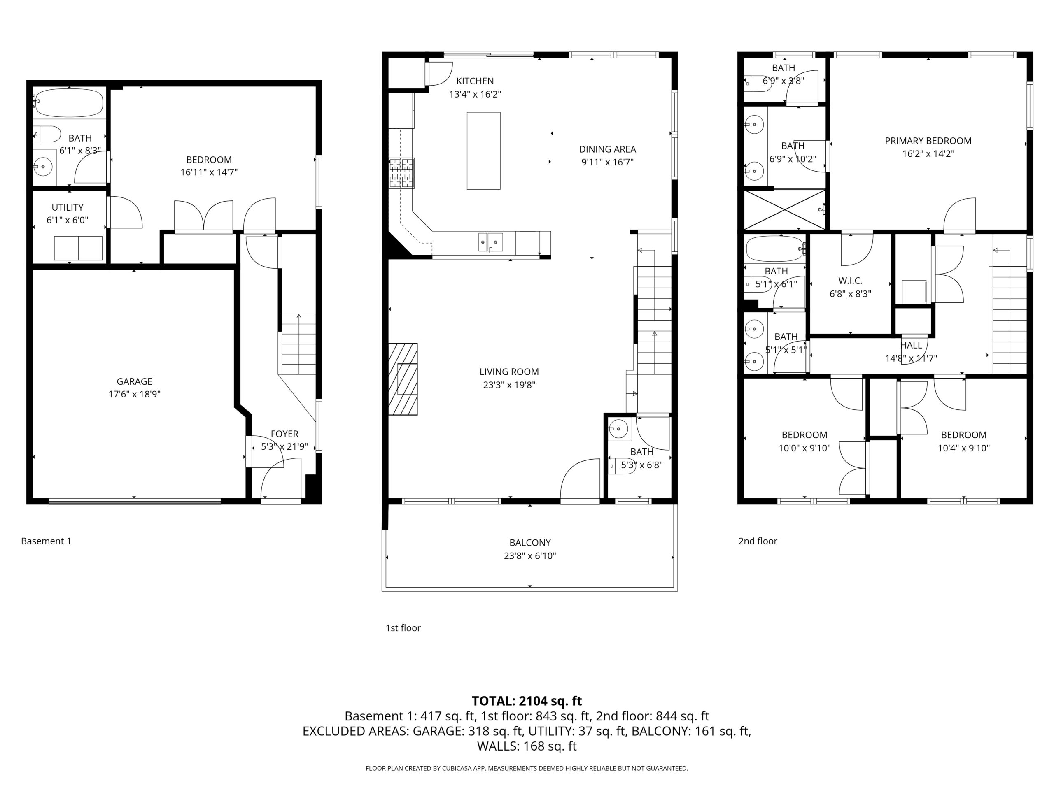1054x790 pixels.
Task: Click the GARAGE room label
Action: point(134,381)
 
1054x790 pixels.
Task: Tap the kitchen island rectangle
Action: point(484,151)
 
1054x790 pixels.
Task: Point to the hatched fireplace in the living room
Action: point(403,379)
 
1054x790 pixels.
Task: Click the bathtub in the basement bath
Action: point(70,103)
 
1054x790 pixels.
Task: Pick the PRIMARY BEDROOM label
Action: point(928,141)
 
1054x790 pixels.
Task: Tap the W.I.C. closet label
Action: point(851,281)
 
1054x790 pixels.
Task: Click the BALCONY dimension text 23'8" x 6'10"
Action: point(530,556)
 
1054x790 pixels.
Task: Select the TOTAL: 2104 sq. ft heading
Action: point(527,701)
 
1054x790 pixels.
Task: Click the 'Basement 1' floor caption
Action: point(46,541)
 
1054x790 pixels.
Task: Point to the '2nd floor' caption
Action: point(758,541)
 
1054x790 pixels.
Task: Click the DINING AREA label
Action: point(608,149)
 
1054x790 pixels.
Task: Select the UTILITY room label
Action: point(68,208)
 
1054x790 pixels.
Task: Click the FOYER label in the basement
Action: point(284,434)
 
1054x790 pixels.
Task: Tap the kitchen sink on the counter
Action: point(491,242)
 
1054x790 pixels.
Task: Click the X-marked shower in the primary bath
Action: point(784,210)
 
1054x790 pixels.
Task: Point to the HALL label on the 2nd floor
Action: point(912,345)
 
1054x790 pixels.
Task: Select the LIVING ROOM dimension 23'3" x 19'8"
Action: point(509,385)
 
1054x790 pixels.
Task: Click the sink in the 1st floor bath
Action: point(619,429)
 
